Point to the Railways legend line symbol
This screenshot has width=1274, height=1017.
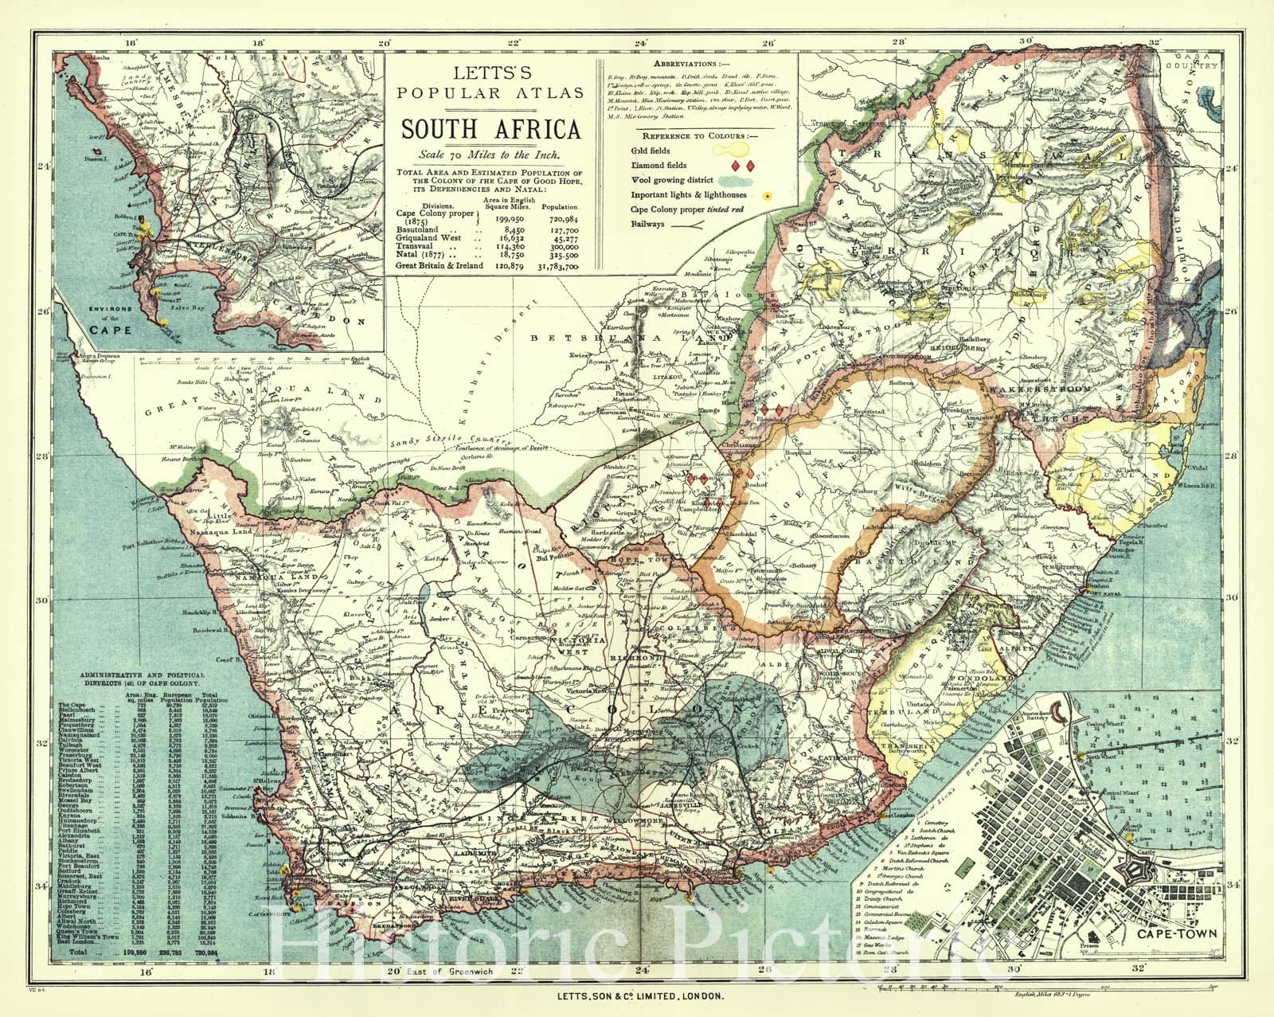click(x=727, y=225)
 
